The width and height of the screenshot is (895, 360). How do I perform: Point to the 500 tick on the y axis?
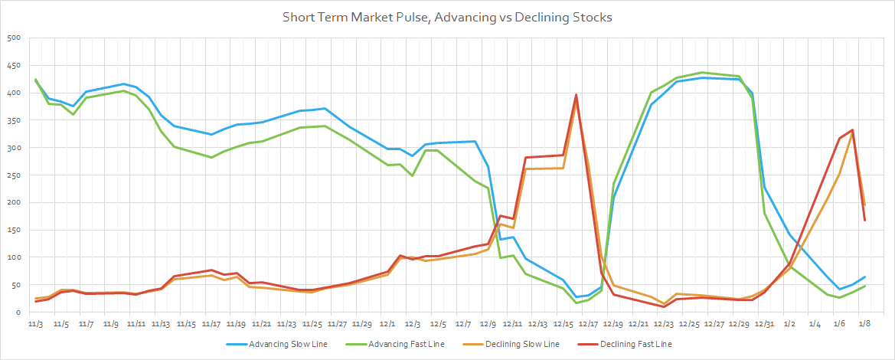[x=13, y=38]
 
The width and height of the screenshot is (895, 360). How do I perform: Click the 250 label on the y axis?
[x=13, y=175]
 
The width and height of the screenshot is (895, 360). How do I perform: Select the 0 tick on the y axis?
[x=17, y=313]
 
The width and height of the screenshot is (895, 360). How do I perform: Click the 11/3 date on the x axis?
[x=36, y=325]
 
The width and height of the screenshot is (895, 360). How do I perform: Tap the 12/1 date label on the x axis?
[x=388, y=325]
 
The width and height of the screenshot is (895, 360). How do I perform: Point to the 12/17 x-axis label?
[x=589, y=325]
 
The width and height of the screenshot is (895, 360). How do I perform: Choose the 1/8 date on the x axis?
[x=864, y=325]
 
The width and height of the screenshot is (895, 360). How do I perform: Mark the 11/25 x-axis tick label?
[x=312, y=325]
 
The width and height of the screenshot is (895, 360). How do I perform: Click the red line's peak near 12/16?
[x=576, y=95]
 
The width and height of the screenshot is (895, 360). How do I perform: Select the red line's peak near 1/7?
[x=852, y=130]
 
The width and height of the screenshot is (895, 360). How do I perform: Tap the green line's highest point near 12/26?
[x=702, y=73]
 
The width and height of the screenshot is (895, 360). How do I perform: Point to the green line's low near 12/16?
[x=576, y=303]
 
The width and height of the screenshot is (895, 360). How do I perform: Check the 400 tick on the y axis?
[x=13, y=93]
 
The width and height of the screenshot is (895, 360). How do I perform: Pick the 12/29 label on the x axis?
[x=740, y=325]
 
